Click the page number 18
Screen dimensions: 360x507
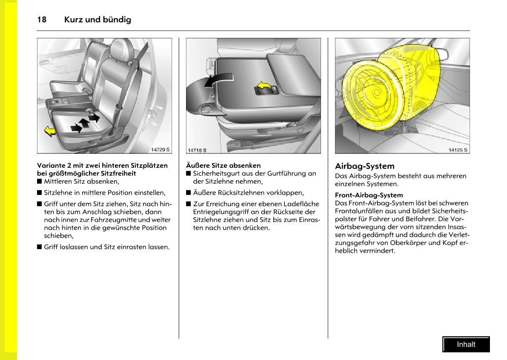[x=42, y=20]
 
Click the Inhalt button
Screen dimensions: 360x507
[x=466, y=345]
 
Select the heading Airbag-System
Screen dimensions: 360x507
[x=364, y=166]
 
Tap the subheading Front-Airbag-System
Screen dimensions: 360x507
[x=369, y=195]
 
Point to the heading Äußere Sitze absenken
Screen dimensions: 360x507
[x=223, y=165]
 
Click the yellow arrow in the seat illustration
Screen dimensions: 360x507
[x=50, y=131]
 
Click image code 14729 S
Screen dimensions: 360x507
[x=160, y=150]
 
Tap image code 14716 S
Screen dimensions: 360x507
[x=197, y=150]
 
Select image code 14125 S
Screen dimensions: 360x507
[x=458, y=150]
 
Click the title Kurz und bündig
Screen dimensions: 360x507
[x=97, y=20]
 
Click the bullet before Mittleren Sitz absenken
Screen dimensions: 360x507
[x=40, y=181]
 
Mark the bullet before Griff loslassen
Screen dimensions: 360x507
[x=40, y=247]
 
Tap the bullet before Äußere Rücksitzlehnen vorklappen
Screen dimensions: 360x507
[x=189, y=193]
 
